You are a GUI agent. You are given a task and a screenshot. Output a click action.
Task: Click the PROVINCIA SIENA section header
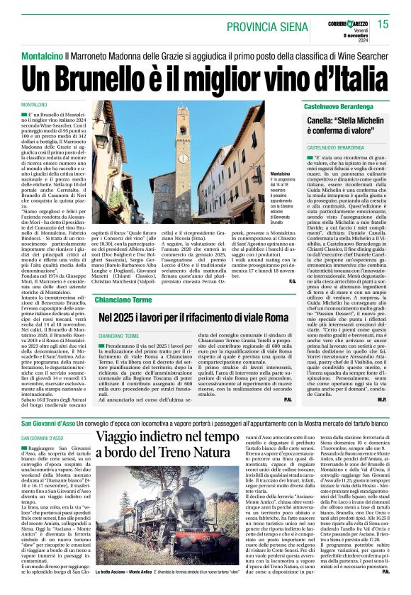point(271,26)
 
